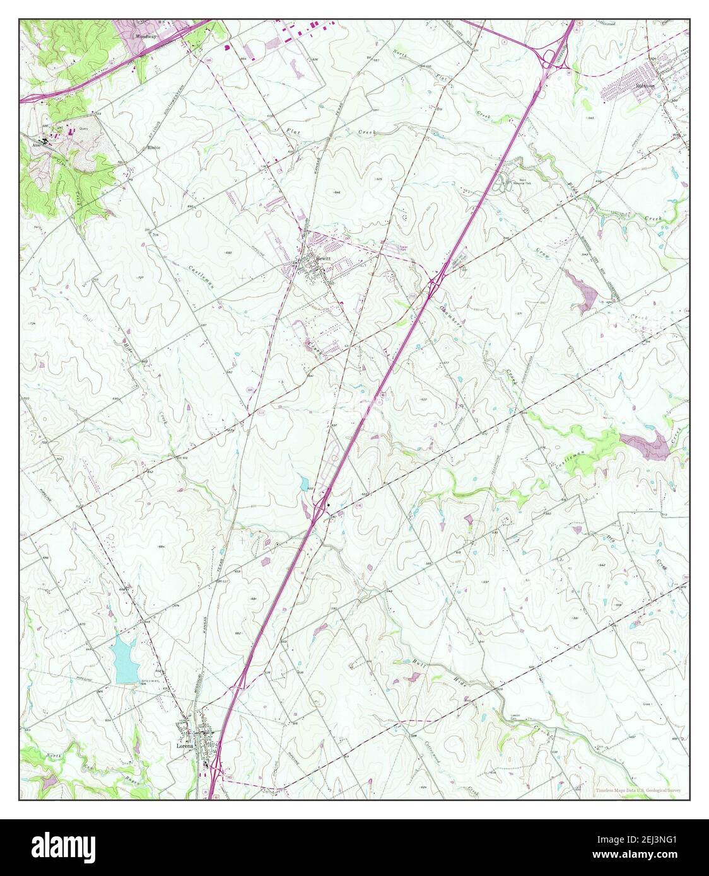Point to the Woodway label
click(x=146, y=37)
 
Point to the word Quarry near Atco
click(x=83, y=128)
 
